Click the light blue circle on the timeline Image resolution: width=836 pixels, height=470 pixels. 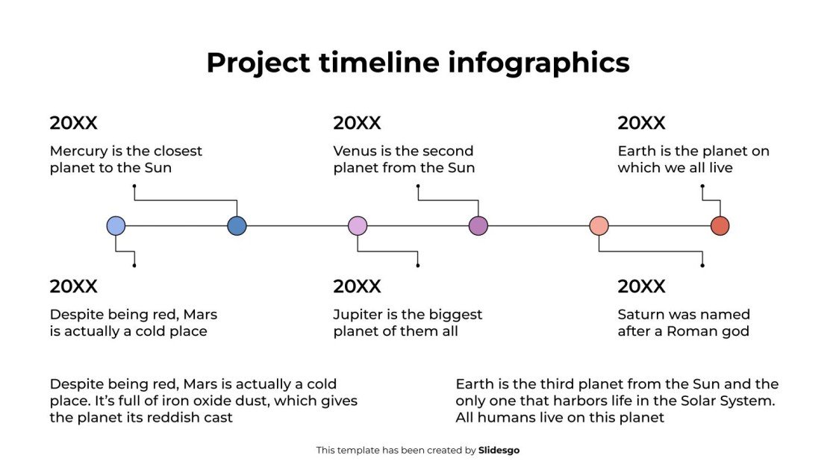[x=116, y=226]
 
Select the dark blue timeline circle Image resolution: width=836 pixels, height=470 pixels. [x=237, y=226]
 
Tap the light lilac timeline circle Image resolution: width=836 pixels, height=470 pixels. [x=358, y=226]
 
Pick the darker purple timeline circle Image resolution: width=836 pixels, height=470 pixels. [x=478, y=226]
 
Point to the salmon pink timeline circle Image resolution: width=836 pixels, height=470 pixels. [x=599, y=226]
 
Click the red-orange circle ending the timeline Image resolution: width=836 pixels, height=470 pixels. [x=720, y=226]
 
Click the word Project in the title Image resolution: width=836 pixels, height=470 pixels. [x=257, y=63]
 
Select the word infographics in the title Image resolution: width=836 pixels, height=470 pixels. [x=539, y=63]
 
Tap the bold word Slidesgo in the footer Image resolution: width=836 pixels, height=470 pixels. [x=499, y=451]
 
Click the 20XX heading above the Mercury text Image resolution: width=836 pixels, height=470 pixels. [x=74, y=123]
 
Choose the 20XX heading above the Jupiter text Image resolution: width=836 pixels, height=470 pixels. [x=358, y=286]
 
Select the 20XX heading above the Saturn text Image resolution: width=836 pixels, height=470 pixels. [x=642, y=286]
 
